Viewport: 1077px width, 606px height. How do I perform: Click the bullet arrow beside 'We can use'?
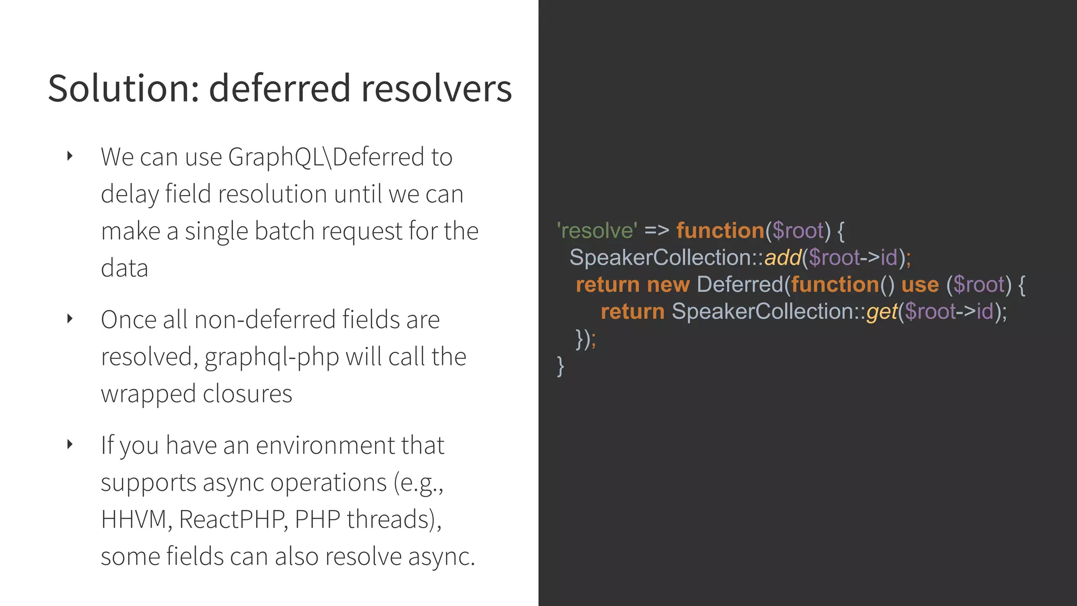coord(70,156)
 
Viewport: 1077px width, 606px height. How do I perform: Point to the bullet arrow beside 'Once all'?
coord(70,318)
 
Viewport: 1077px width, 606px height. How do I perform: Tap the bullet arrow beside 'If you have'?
coord(70,445)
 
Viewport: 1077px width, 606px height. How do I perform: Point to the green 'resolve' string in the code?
coord(597,230)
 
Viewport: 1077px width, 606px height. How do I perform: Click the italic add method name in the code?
coord(783,258)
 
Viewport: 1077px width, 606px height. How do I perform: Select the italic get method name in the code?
coord(881,312)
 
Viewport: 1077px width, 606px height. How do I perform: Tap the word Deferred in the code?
coord(740,285)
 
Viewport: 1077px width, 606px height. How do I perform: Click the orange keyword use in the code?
coord(920,285)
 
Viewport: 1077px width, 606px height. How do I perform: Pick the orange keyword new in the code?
coord(668,285)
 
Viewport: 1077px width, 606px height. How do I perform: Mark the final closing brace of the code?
coord(561,366)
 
